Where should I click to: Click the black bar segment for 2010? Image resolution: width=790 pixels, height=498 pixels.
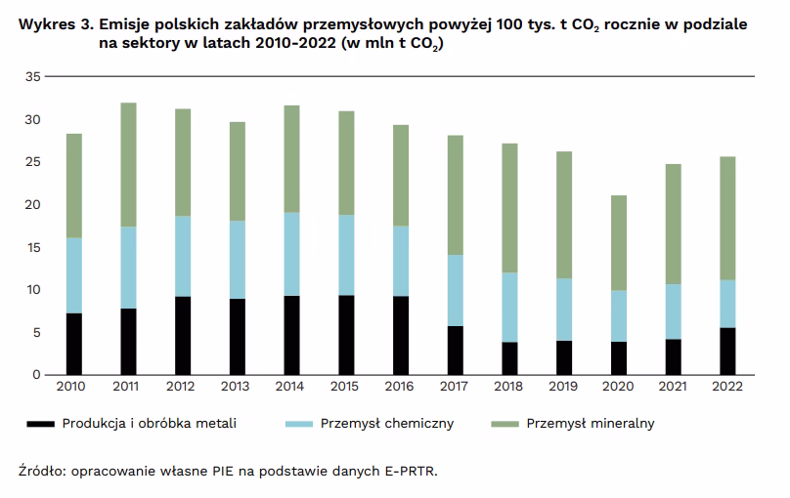[x=74, y=344]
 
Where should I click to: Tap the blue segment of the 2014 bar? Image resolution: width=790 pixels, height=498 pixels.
[x=291, y=254]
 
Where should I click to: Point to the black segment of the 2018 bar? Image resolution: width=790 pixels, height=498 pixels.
[x=510, y=358]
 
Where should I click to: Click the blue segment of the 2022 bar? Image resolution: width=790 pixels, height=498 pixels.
[x=727, y=304]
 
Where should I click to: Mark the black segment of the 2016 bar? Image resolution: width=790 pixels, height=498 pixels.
[x=401, y=335]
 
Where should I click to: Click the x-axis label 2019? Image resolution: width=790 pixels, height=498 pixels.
[x=564, y=388]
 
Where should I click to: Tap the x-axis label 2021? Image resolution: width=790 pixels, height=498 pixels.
[x=673, y=388]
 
